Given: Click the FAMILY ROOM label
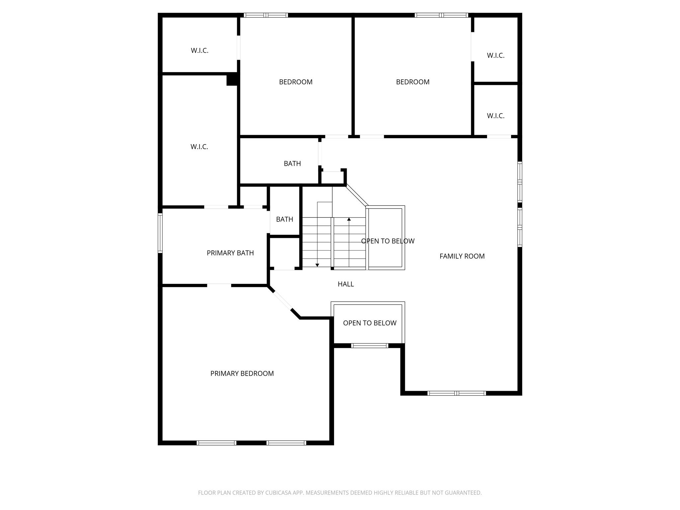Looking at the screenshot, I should point(462,256).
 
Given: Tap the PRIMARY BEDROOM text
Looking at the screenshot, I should point(242,374).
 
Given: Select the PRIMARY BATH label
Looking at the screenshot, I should point(230,253).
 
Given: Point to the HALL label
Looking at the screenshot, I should point(346,284).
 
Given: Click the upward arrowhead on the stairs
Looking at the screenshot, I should point(349,219).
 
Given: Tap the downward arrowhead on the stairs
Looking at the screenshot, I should point(317,265).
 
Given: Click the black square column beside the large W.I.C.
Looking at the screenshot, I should point(232,80).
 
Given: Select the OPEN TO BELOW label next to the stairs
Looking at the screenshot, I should point(387,241).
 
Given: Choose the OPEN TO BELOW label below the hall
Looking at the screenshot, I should point(370,323).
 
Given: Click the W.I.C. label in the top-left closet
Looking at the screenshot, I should point(200,51).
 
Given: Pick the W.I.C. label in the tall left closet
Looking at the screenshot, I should point(199,147).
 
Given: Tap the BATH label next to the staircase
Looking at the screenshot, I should point(285,219).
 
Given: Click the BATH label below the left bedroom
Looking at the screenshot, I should point(292,163).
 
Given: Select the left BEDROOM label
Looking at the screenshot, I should point(296,82).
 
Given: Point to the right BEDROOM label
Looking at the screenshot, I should point(413,82).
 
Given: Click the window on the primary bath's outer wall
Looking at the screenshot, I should point(160,233).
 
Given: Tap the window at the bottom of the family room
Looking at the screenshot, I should point(457,393).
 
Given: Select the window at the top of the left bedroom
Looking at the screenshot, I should point(266,15).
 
